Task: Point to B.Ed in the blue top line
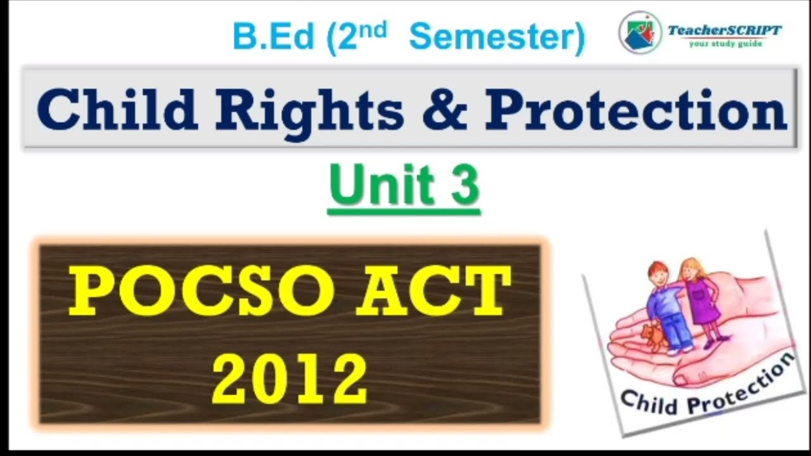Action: pos(273,37)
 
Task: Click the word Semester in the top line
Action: pos(497,37)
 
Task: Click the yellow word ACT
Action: pos(433,292)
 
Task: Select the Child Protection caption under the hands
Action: pos(706,389)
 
